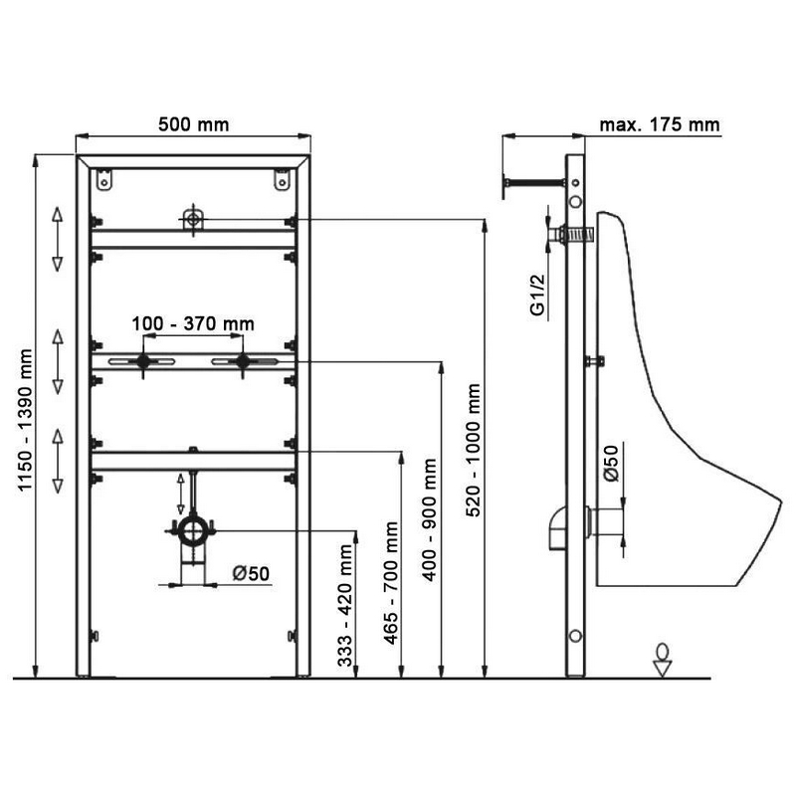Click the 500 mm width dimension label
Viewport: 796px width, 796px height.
[194, 125]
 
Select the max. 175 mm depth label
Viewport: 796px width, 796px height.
[660, 125]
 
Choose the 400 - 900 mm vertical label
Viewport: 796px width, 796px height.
[430, 525]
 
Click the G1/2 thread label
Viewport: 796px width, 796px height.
[538, 296]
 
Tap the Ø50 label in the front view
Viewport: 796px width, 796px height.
[253, 573]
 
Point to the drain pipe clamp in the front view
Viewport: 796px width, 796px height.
[193, 529]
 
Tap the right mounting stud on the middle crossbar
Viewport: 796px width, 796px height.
[242, 361]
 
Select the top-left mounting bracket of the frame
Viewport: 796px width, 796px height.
[102, 181]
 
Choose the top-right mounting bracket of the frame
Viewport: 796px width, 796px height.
[283, 181]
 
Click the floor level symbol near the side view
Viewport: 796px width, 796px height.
[663, 659]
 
